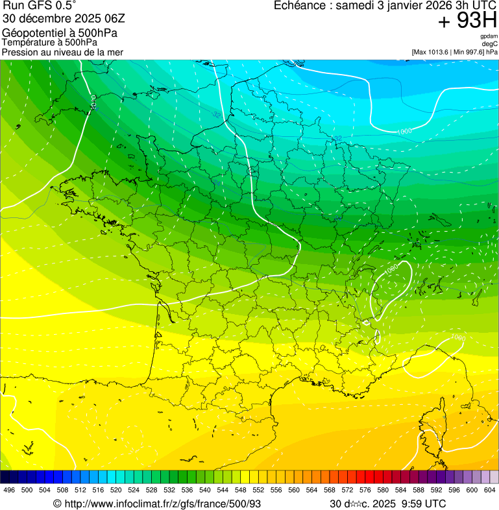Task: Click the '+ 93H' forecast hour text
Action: click(467, 21)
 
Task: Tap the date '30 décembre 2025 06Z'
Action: click(64, 19)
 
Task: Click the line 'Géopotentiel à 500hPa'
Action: click(60, 33)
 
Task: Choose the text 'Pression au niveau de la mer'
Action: click(62, 52)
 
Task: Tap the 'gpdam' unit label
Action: click(489, 37)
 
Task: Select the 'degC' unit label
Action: click(490, 44)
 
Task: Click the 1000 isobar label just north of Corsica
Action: click(457, 337)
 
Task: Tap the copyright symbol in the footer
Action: click(57, 504)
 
